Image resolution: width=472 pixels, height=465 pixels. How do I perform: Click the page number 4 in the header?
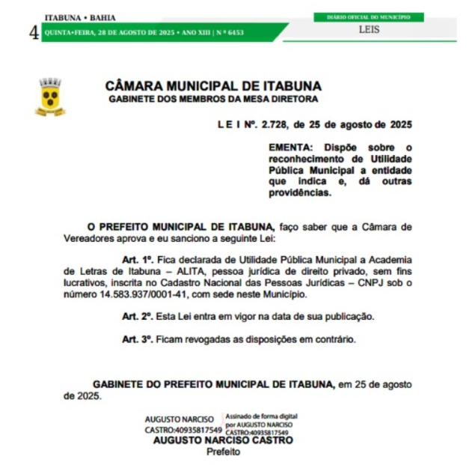coord(33,32)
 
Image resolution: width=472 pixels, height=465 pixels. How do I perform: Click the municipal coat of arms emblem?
coord(50,97)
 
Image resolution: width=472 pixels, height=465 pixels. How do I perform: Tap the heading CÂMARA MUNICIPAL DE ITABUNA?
coord(213,86)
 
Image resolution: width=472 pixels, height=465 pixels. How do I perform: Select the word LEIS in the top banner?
coord(369,30)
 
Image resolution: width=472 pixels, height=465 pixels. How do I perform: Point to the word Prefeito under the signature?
coord(223,452)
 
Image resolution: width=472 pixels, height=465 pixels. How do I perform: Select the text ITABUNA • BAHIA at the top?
coord(80,17)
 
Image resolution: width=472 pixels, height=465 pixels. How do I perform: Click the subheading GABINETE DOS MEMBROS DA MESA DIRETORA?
coord(213,99)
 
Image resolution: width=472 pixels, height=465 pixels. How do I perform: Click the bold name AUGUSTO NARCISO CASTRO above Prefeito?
coord(223,440)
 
